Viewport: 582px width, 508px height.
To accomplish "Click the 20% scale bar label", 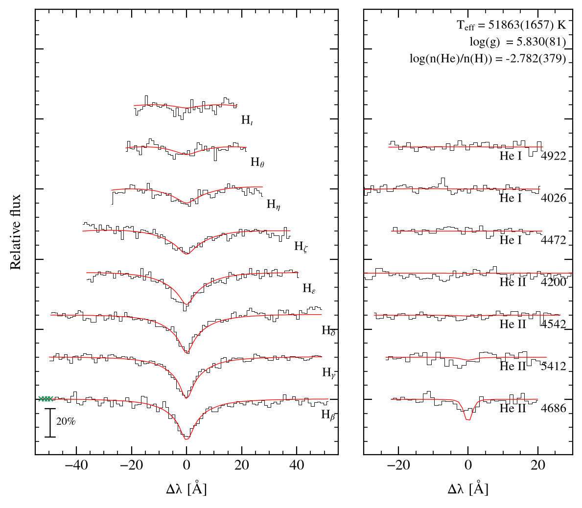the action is [x=66, y=421].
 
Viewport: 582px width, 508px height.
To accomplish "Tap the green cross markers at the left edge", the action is [x=46, y=399].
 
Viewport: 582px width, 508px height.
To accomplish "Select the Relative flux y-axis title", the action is [x=15, y=232].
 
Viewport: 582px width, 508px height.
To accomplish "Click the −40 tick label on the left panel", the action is [x=76, y=465].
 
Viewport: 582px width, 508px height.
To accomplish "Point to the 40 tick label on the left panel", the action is [x=297, y=465].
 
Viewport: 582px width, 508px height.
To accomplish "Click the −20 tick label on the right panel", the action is [x=398, y=465].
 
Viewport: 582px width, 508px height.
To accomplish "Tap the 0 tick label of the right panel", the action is [x=468, y=465].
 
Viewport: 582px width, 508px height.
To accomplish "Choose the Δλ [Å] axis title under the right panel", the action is [x=467, y=489].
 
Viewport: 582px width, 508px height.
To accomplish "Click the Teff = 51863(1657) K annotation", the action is [x=511, y=25].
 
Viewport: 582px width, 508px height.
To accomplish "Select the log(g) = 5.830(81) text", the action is [x=518, y=42].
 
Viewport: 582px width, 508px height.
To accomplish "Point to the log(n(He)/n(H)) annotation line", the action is [x=488, y=59].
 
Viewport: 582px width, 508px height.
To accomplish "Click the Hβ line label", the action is [x=328, y=415].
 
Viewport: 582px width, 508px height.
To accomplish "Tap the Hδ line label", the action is [x=328, y=330].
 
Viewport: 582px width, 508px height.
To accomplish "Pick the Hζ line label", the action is [x=301, y=246].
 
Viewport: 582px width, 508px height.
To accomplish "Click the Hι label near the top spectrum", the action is [x=247, y=120].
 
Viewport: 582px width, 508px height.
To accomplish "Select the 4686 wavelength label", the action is [x=554, y=408].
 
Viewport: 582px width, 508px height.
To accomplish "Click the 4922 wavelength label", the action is [x=554, y=156].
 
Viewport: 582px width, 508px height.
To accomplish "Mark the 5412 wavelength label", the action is [x=554, y=366].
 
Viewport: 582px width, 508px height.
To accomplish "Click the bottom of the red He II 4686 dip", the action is [x=468, y=420].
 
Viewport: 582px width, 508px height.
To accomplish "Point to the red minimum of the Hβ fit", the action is [x=186, y=439].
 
